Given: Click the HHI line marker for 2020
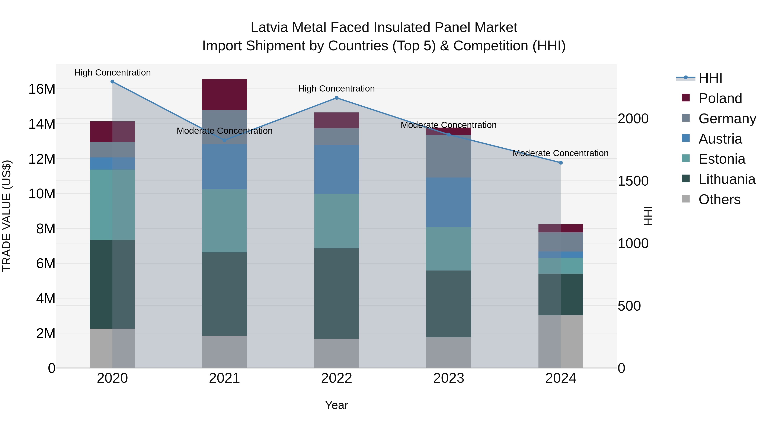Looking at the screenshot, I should pos(112,82).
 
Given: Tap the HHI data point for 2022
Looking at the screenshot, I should pos(337,98).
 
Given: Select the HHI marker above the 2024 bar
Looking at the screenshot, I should pos(561,163).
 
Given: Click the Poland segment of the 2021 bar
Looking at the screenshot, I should pos(224,95).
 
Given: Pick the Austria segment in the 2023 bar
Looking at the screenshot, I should pos(449,202).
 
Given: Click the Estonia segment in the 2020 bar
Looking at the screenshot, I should pos(112,205).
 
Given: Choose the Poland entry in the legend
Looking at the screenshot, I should pos(720,98).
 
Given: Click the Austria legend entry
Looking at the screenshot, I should pos(720,139).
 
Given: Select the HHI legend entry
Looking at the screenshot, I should pos(710,78).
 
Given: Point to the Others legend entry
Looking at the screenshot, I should pos(719,199).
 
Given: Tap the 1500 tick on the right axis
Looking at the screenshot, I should pos(633,181).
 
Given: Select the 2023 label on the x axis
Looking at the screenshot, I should pos(449,378).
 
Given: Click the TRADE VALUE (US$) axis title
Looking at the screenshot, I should pos(7,216).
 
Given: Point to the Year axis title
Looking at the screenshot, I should pos(337,405).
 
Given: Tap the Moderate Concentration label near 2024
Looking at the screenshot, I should pos(560,153).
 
